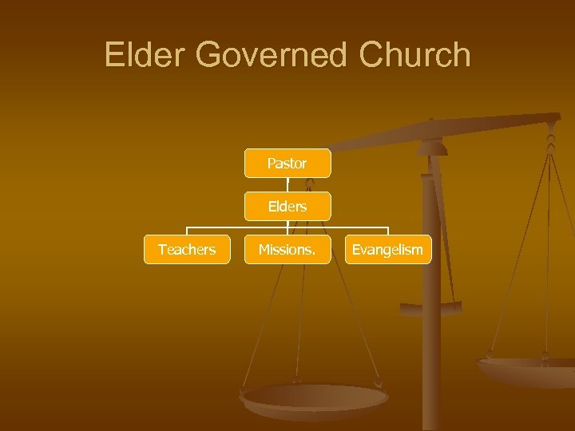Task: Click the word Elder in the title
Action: point(145,55)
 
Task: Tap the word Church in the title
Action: point(415,55)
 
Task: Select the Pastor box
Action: point(287,163)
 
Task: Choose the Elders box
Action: point(287,206)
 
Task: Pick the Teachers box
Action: point(187,250)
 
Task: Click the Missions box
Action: point(287,250)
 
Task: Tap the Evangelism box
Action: point(387,250)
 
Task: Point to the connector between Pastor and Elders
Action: point(287,184)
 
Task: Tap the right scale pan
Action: point(527,370)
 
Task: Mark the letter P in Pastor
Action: point(271,164)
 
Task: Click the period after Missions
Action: point(313,253)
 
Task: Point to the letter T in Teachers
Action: point(161,250)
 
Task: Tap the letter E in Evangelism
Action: point(355,250)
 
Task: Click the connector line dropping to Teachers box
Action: point(187,231)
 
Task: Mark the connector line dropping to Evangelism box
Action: point(387,231)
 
